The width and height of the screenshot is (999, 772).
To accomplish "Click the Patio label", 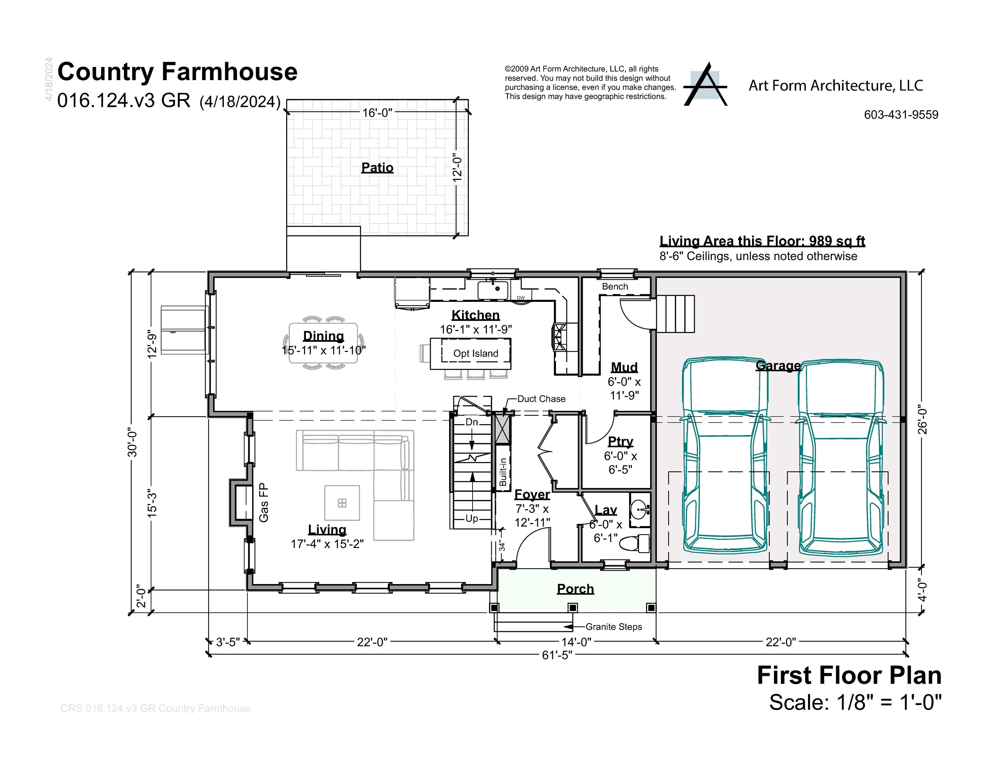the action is coord(377,168).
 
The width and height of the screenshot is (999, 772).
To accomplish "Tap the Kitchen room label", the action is coord(476,315).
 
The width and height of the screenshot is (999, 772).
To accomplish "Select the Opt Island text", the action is coord(476,353).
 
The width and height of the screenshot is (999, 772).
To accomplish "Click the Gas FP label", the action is coord(264,503).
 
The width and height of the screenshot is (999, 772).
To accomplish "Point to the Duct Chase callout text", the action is coord(542,399).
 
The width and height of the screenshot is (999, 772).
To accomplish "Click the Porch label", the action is coord(575,589).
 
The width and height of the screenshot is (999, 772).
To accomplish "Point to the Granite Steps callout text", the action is coord(614,627).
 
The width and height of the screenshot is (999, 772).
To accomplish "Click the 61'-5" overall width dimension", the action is coord(557,655).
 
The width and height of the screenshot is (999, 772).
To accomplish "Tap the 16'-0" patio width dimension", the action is coord(377,113).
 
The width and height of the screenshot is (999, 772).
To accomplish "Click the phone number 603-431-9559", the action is coord(901,115).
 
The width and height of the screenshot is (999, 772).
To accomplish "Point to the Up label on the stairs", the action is coord(472,519).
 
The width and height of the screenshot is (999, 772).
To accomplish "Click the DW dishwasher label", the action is coord(520,298).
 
